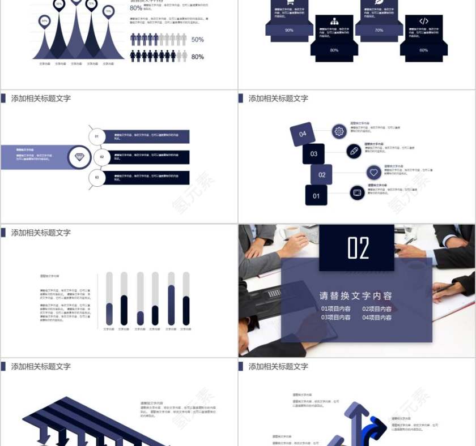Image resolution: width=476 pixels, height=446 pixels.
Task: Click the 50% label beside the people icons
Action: pos(197,40)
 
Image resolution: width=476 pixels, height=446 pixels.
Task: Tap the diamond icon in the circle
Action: pos(79,157)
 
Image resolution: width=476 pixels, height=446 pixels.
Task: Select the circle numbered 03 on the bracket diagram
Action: pos(97,178)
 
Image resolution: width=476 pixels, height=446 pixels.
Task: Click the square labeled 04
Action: pos(303,134)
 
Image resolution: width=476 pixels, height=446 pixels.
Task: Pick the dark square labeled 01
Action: pos(316,196)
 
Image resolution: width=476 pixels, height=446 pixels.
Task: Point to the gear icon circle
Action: pos(339,131)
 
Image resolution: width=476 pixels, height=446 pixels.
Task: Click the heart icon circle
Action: pos(373,172)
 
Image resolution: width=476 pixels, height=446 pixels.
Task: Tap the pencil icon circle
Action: pos(354,151)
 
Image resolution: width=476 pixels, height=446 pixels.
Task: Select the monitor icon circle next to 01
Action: pos(358,192)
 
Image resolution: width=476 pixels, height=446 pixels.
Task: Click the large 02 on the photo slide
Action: pos(358,248)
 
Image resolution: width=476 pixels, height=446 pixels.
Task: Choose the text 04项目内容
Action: pos(377,318)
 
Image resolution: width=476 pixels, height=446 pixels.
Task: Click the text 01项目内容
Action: pos(335,309)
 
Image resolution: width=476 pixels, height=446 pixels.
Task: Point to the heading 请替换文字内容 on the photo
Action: pos(356,295)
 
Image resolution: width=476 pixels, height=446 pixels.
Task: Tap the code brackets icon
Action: pos(424,22)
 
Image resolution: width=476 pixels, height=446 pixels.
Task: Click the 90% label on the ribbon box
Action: pos(289,30)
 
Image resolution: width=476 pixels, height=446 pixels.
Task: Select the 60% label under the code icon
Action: pos(424,50)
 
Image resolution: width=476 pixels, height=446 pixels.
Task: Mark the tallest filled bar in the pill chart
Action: pos(171,305)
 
